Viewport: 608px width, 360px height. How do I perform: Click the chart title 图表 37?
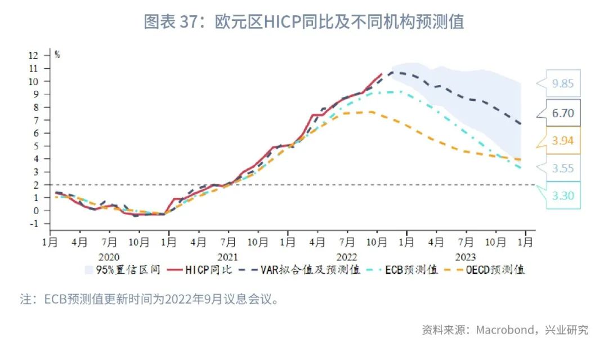[x=303, y=21]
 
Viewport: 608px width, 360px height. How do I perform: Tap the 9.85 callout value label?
[x=563, y=84]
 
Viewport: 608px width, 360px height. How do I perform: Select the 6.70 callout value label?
[x=563, y=113]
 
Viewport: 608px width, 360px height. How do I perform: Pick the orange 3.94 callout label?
[x=563, y=141]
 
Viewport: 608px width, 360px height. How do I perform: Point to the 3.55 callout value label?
[x=563, y=168]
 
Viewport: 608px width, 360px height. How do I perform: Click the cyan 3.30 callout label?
[x=563, y=195]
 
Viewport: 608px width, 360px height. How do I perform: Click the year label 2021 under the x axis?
[x=227, y=256]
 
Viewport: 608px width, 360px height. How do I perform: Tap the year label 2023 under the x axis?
[x=465, y=256]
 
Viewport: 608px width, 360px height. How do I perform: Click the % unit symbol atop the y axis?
[x=57, y=55]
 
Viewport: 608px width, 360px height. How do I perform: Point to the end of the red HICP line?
[x=382, y=74]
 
